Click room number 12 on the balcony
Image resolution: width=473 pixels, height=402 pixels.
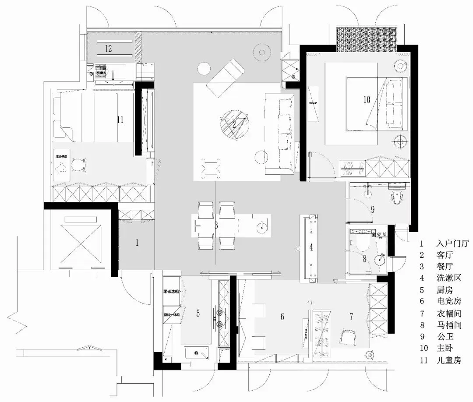[108, 49]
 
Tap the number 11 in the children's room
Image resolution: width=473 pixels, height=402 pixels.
[121, 119]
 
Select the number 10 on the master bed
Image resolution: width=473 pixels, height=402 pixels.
[367, 99]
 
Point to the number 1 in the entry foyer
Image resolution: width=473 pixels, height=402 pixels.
[137, 242]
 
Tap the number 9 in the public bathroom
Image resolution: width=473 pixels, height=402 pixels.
[373, 209]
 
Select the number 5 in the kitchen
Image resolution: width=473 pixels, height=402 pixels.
[198, 313]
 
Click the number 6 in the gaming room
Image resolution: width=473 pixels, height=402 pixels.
[282, 316]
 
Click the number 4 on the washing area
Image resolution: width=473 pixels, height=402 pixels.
[311, 247]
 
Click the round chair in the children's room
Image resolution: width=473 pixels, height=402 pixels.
[78, 165]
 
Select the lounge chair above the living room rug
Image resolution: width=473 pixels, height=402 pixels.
[225, 77]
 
